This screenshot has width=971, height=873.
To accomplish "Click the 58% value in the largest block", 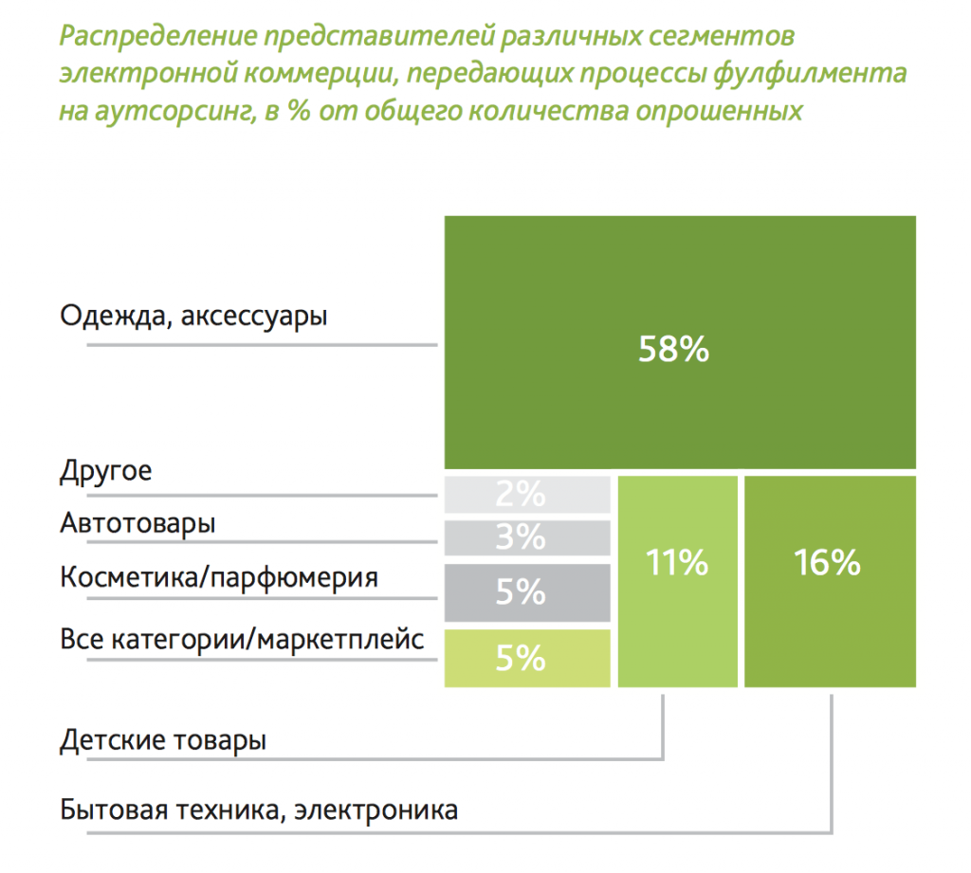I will [673, 350].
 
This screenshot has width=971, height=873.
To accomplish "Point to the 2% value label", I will [520, 493].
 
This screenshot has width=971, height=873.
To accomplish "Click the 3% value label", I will [520, 537].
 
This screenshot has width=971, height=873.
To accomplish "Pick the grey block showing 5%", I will [526, 592].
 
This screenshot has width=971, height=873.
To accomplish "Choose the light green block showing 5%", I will [526, 658].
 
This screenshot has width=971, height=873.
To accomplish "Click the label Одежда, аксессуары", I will [193, 316].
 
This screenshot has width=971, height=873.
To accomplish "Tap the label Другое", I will [105, 471].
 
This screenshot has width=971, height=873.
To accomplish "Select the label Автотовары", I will [137, 523].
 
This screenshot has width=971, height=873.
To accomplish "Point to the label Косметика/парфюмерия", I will [219, 577].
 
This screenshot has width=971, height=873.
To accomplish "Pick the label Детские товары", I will [162, 739].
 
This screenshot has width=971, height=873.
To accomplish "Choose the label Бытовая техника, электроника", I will [258, 810].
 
